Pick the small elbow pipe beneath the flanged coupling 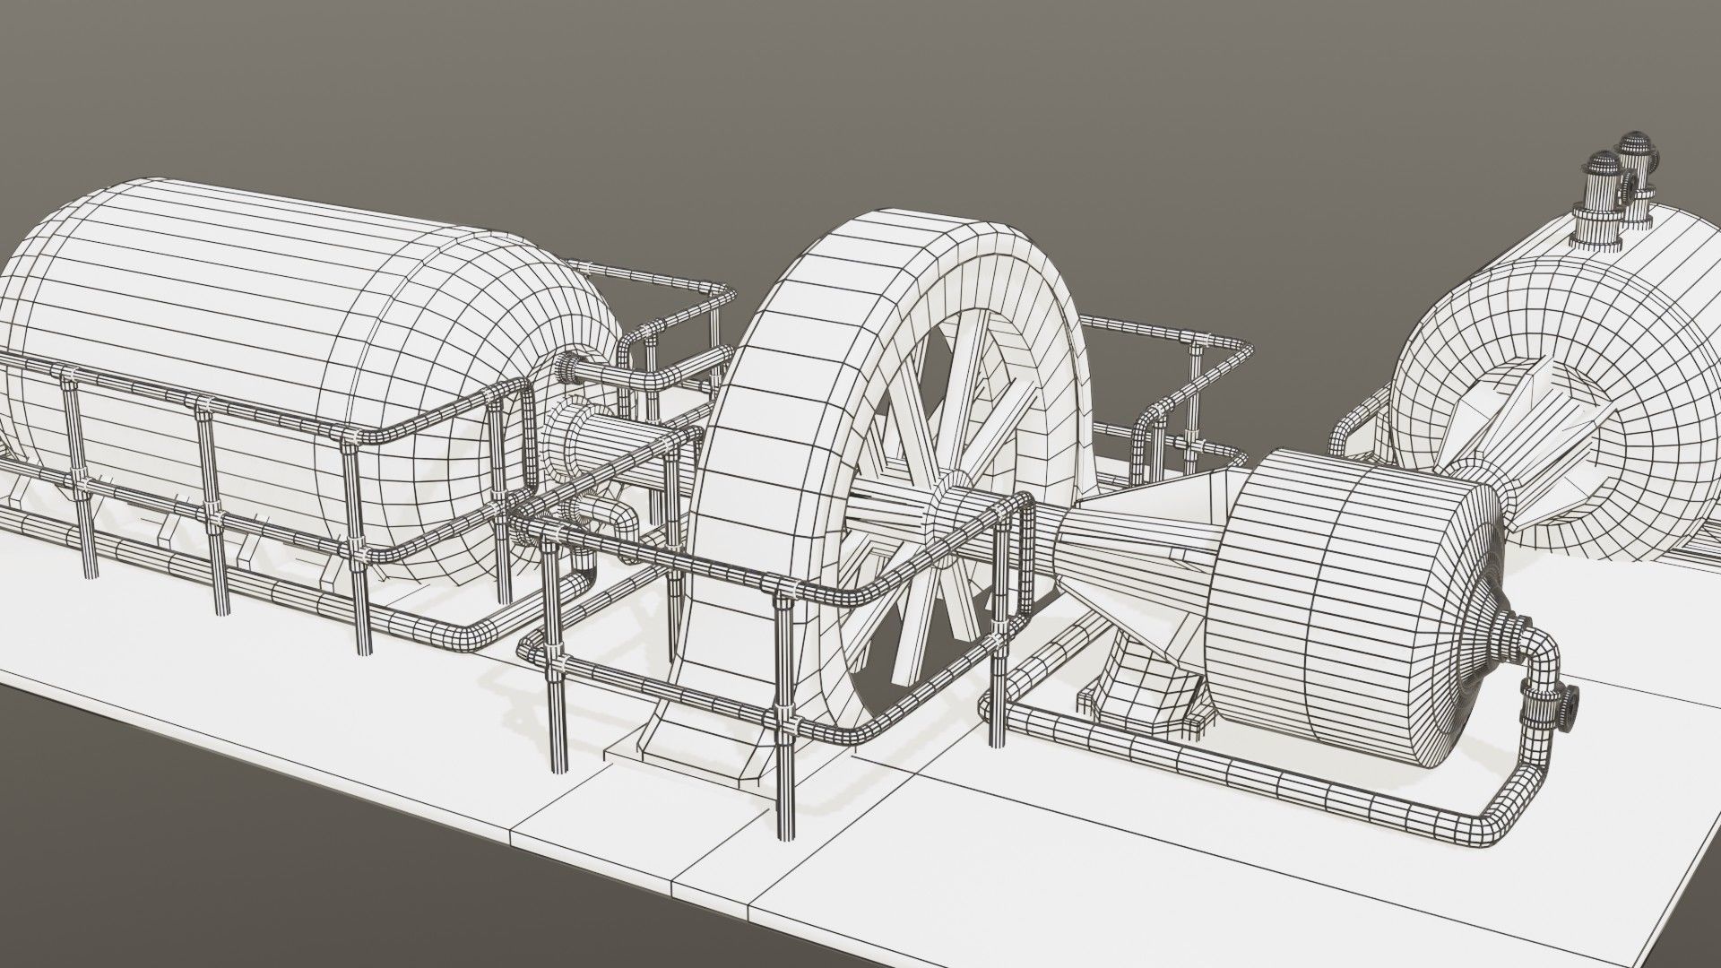pyautogui.click(x=618, y=520)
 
